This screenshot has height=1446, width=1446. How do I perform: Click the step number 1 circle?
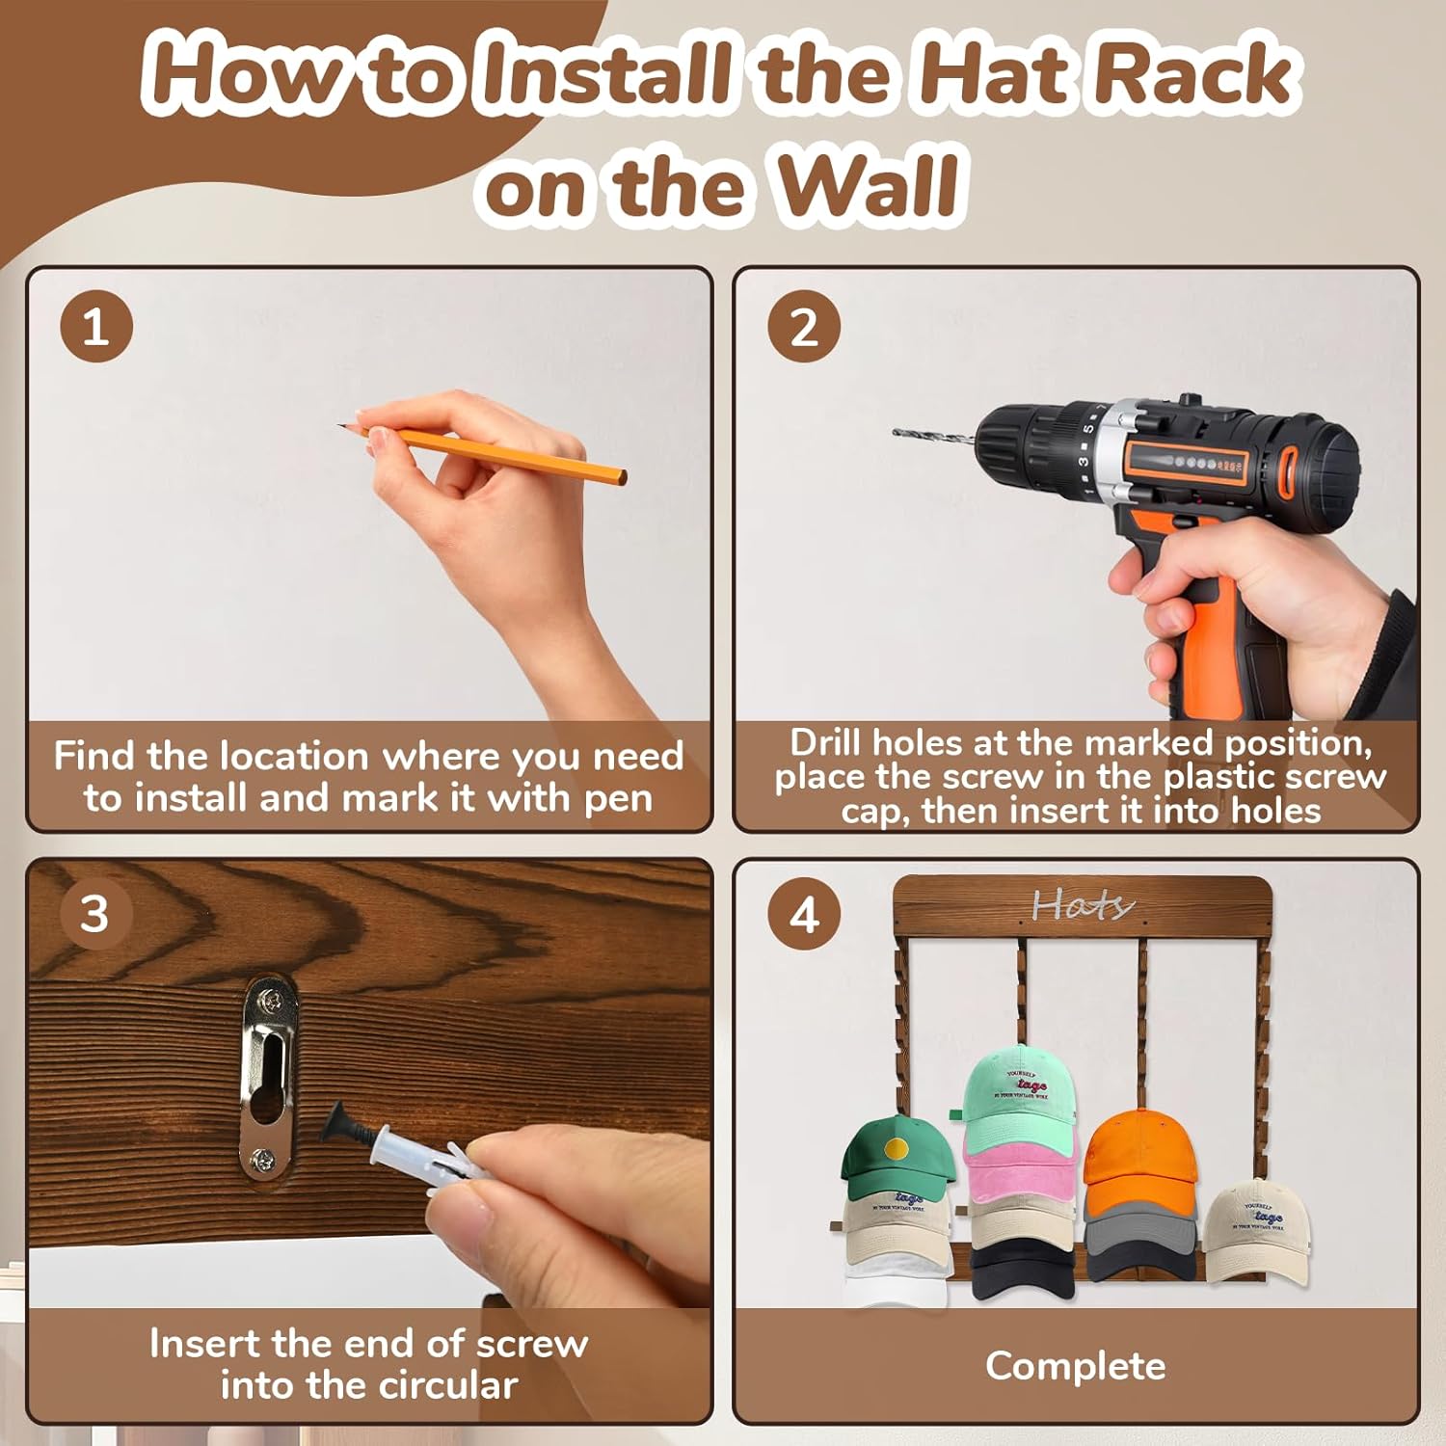tap(95, 327)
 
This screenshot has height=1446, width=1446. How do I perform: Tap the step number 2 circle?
tap(804, 327)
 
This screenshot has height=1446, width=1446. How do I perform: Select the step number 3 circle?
tap(95, 913)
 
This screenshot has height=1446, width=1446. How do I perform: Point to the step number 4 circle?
tap(804, 914)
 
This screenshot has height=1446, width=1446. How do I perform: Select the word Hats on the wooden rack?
tap(1082, 905)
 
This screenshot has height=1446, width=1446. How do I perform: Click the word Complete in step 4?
tap(1075, 1366)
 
